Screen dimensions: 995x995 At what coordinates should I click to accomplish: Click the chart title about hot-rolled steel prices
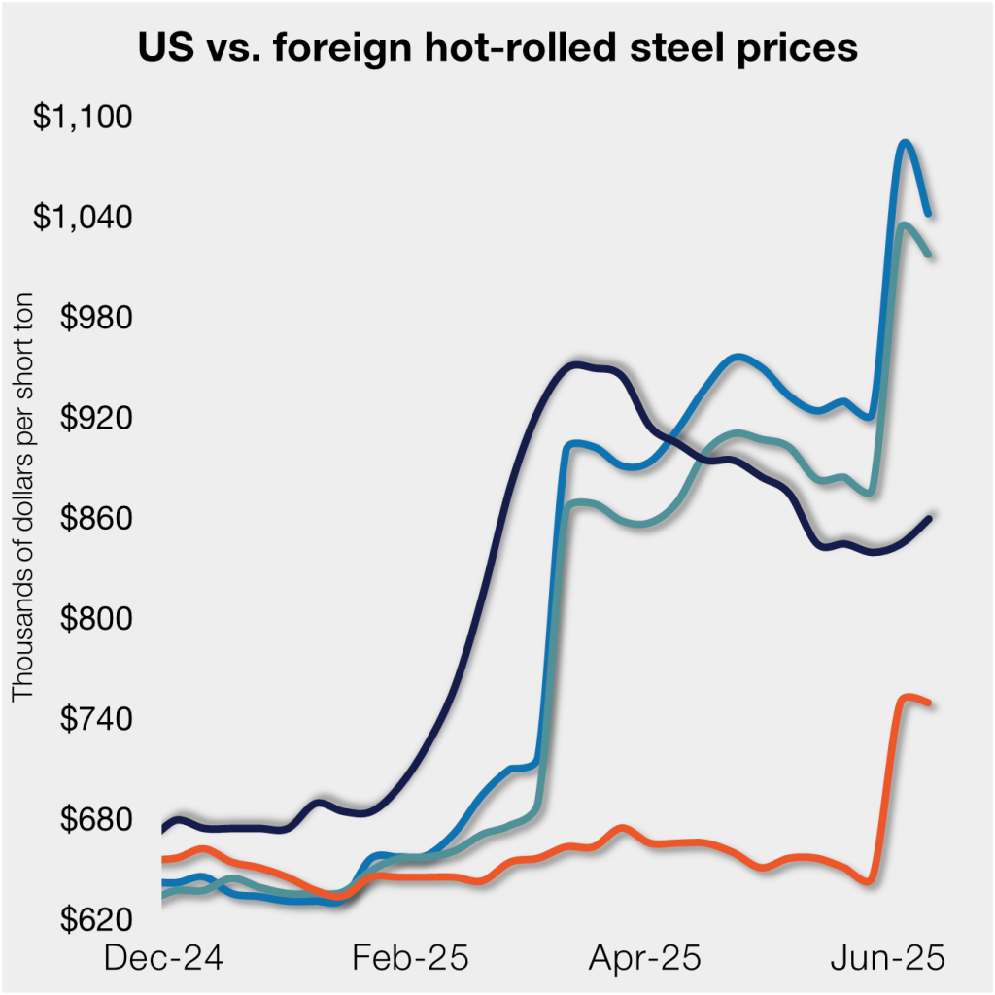point(497,47)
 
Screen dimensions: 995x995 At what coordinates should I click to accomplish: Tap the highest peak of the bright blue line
point(905,143)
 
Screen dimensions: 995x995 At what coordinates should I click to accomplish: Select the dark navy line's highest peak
point(575,365)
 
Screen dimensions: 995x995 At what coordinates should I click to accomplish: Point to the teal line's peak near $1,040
point(904,225)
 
